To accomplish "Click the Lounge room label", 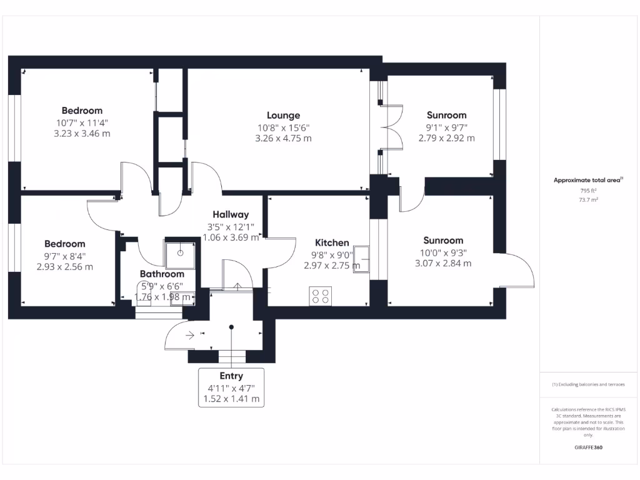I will coord(283,115).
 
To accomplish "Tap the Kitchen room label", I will coord(332,242).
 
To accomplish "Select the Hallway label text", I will coord(230,214).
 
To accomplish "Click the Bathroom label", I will coord(162,274).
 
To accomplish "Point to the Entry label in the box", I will coord(231,376).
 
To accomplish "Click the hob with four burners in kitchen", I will coord(321,296).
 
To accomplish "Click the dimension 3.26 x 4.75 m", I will coord(283,138).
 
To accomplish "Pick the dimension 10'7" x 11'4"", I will coord(82,122).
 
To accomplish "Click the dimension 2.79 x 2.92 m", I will coord(446,138).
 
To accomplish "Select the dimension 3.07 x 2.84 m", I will coord(443,263).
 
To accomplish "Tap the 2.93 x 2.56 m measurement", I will coord(65,267).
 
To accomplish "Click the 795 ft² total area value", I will coord(588,191).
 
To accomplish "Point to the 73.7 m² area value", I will coord(588,200).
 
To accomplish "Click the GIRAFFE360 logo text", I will coord(588,447).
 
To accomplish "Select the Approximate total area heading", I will coord(587,180).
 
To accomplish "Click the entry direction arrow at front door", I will coord(190,335).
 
